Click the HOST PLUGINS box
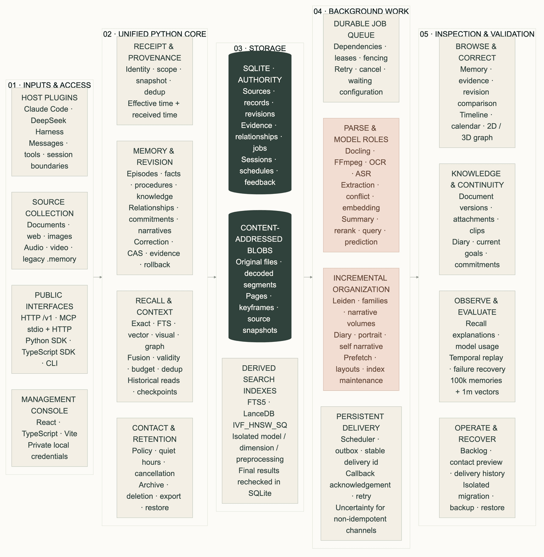tap(49, 132)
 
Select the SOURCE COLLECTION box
tap(49, 230)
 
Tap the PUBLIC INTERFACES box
tap(49, 329)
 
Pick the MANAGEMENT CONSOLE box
tap(49, 428)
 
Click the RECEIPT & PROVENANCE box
tap(155, 81)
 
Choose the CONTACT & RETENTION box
tap(155, 468)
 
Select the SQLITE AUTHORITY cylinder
tap(260, 123)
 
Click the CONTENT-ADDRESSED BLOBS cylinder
tap(260, 276)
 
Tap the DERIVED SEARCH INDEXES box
tap(260, 430)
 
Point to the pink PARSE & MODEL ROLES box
tap(361, 185)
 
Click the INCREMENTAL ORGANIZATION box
tap(361, 329)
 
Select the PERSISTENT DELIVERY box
tap(361, 473)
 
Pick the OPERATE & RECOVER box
tap(477, 468)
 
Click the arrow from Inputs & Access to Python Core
tap(98, 277)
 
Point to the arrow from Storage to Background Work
tap(308, 277)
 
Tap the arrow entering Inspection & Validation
tap(414, 277)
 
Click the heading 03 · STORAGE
tap(260, 48)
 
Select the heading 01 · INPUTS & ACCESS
tap(49, 85)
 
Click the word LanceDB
tap(259, 414)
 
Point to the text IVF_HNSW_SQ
tap(260, 425)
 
